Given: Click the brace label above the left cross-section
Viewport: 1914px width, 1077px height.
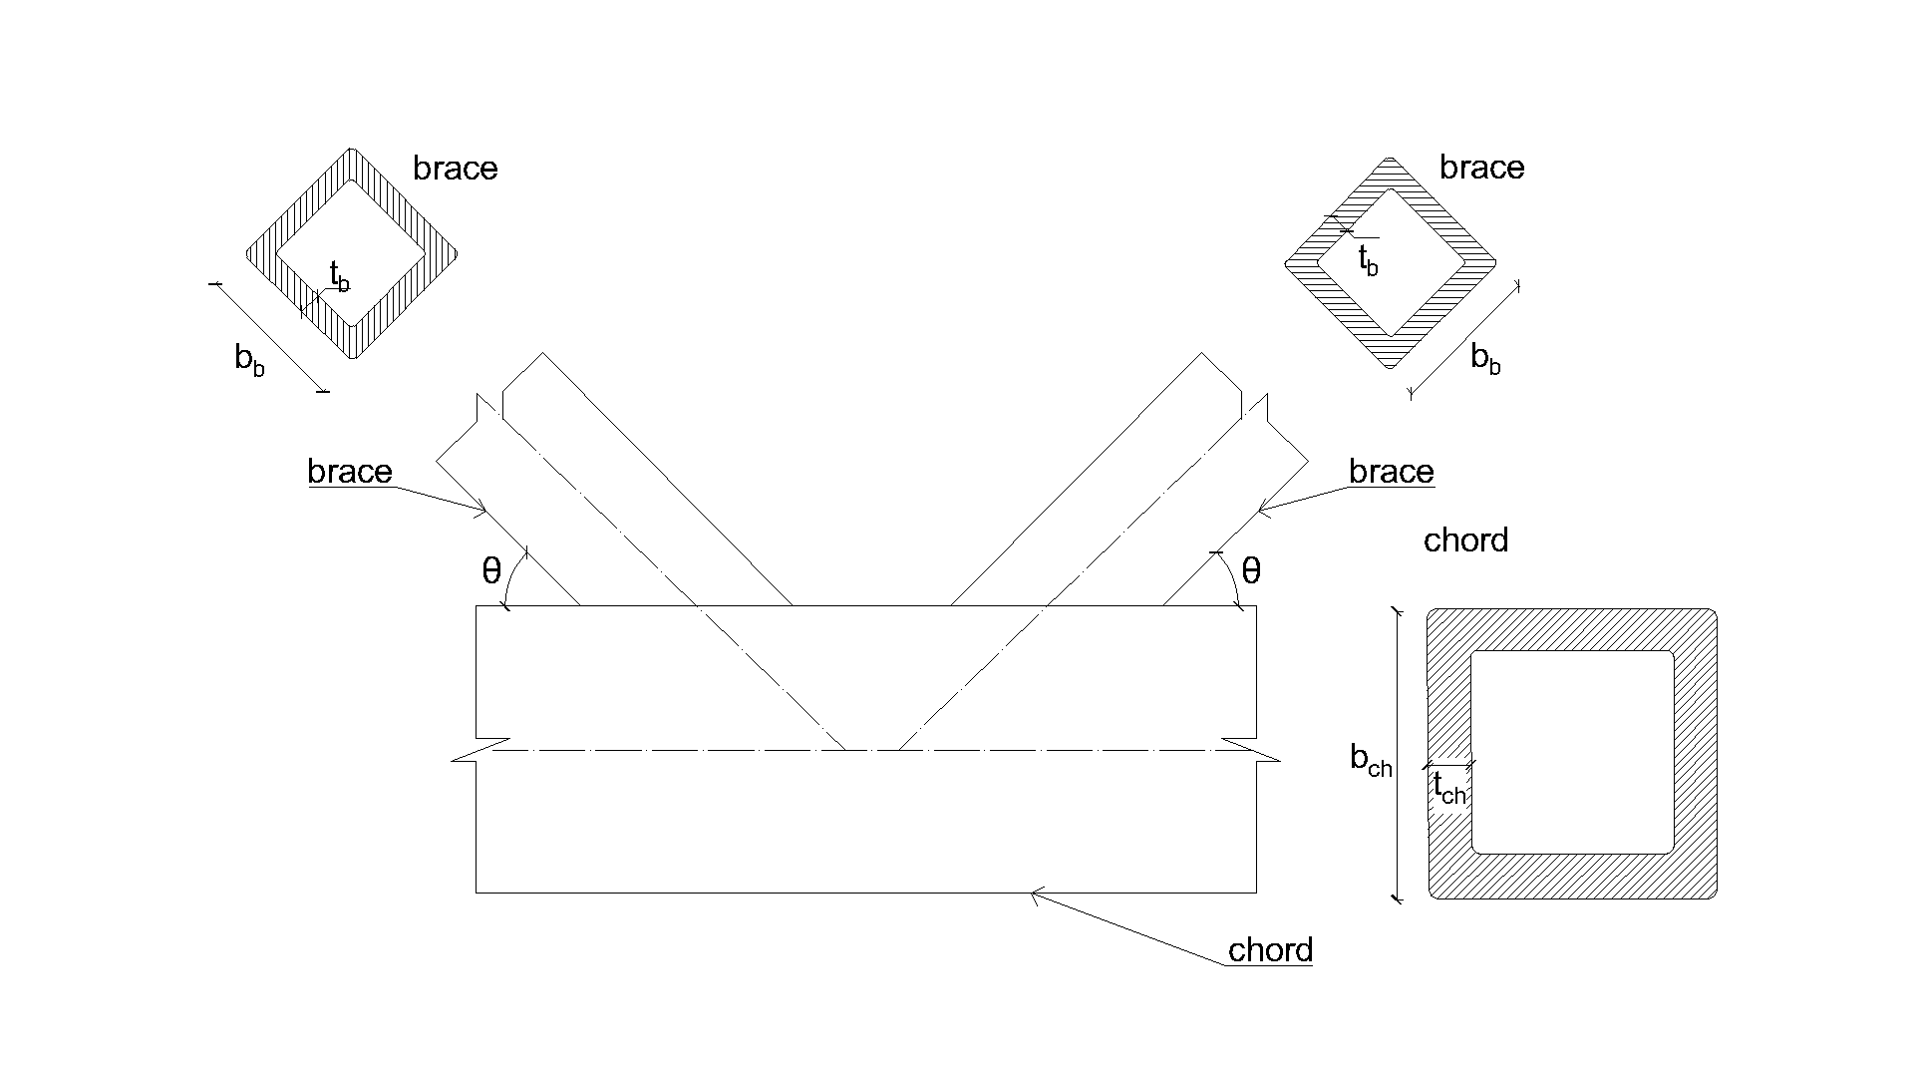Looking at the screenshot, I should (x=455, y=169).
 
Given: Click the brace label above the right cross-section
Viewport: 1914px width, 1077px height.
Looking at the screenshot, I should (x=1481, y=168).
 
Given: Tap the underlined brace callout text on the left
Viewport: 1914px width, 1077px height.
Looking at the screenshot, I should (x=350, y=472).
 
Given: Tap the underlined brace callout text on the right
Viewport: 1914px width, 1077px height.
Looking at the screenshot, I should (x=1391, y=472).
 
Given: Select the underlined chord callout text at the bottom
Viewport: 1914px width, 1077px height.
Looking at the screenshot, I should (x=1270, y=950).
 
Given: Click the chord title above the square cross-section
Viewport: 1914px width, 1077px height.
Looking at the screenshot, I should (x=1465, y=540).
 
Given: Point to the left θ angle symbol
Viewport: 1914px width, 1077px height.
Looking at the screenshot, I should (x=491, y=571).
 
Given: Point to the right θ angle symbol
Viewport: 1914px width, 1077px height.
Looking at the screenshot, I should (x=1251, y=571).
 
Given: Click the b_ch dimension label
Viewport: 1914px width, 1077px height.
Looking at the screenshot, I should (x=1371, y=761).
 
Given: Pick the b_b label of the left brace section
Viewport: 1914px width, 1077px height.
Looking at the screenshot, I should (x=249, y=359).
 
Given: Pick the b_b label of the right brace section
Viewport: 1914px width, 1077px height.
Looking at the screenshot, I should (x=1485, y=359).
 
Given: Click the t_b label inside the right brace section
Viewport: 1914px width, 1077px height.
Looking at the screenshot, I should (x=1368, y=260).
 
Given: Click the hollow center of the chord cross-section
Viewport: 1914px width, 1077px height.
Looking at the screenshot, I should (x=1572, y=753).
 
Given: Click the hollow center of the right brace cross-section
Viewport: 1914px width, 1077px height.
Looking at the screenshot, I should (x=1391, y=261).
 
